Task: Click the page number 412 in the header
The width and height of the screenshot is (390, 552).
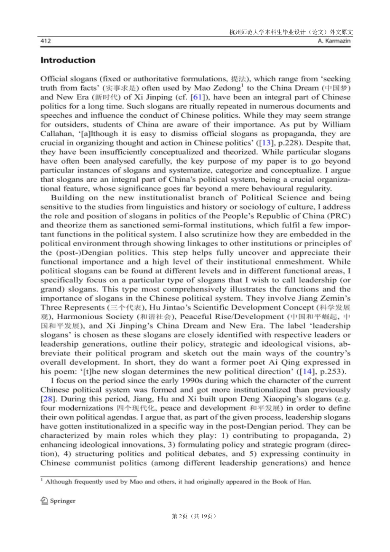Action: [x=45, y=41]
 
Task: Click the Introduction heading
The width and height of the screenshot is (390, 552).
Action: [x=68, y=60]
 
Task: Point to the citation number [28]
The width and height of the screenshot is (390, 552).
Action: [x=46, y=399]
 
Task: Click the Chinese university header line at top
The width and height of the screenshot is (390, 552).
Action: [x=291, y=32]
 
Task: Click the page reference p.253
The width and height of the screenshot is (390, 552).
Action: [x=332, y=372]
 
